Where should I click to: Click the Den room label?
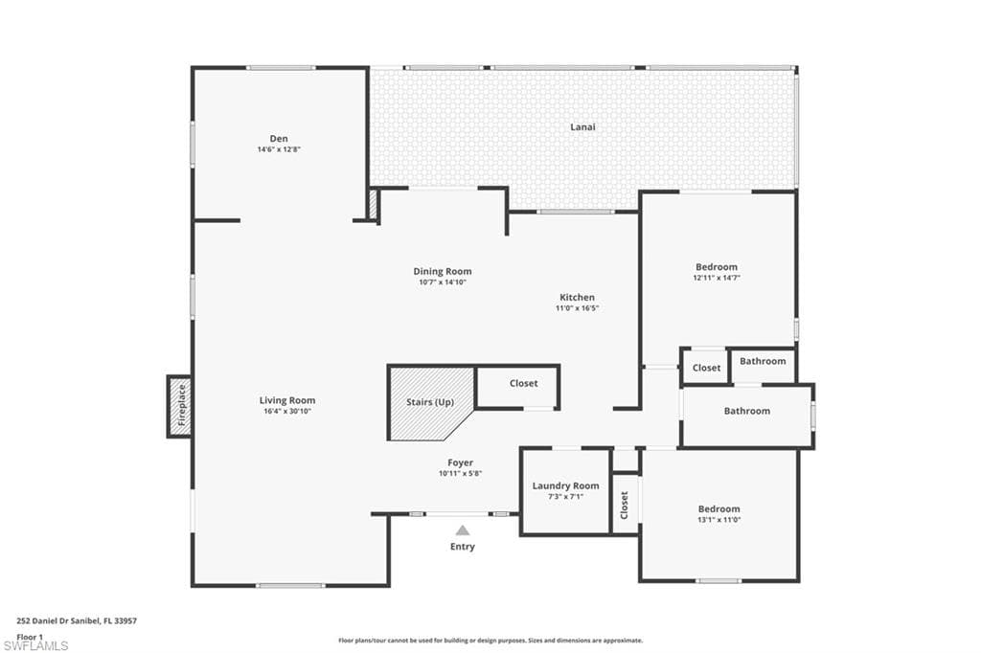pos(279,139)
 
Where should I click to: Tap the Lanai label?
pos(582,127)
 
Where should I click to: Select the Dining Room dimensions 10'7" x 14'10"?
pos(443,282)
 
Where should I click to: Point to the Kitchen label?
pos(577,297)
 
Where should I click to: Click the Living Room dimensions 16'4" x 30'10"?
pos(287,411)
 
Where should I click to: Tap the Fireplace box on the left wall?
pos(179,406)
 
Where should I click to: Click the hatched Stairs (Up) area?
pos(430,403)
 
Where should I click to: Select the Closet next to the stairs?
pos(517,387)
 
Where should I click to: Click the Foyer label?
pos(460,462)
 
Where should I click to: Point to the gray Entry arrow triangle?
pos(463,530)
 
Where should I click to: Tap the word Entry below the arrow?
pos(463,547)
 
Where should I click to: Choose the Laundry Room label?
pos(565,486)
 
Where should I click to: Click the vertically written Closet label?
pos(624,505)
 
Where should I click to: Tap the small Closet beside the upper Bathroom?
pos(706,368)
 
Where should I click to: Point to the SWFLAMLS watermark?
pos(35,645)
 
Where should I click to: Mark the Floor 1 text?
pos(30,637)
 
